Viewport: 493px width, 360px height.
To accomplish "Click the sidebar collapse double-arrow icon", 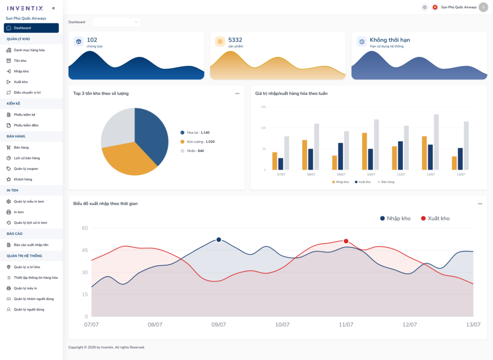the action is click(53, 8).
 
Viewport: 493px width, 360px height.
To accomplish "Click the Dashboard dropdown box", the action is click(117, 22).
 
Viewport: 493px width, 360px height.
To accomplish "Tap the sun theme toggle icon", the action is click(425, 7).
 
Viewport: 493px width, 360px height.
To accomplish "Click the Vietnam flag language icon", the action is click(435, 7).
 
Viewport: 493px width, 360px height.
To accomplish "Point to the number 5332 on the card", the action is click(235, 40).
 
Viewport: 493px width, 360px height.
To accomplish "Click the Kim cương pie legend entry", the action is click(197, 142).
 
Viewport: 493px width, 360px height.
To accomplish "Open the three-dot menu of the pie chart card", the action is click(237, 93).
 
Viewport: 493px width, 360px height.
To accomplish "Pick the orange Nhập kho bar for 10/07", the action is click(364, 151).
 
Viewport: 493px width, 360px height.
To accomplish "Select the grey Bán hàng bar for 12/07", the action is click(436, 142).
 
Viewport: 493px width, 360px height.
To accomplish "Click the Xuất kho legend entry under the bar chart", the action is click(363, 182).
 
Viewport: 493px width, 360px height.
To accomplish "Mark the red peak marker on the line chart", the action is click(346, 241).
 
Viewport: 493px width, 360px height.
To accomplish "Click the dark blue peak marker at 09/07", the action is click(219, 240).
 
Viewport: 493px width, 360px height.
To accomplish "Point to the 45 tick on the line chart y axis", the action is click(85, 250).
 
